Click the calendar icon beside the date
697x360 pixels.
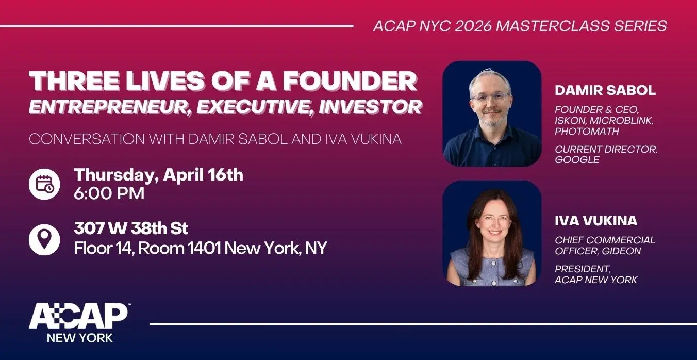[x=44, y=184]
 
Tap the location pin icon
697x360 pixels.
[x=44, y=238]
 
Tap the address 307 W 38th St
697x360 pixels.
[x=131, y=228]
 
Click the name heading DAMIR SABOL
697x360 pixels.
[x=605, y=90]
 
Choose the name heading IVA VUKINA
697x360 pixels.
[x=596, y=221]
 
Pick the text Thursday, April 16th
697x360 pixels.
[x=158, y=174]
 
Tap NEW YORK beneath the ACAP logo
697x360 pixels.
[x=79, y=338]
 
